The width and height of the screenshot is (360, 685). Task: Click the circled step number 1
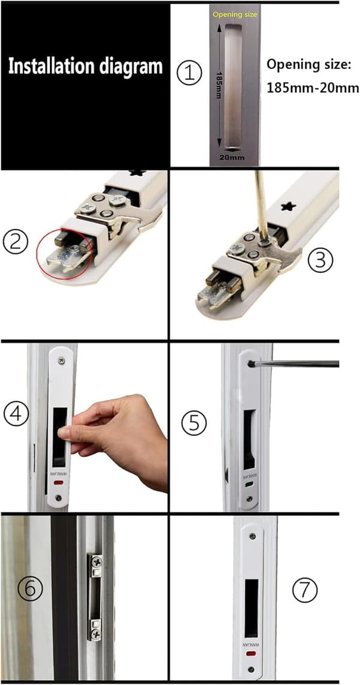[x=189, y=73]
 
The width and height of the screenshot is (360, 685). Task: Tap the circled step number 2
[x=16, y=241]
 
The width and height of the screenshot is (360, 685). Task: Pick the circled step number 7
[x=305, y=590]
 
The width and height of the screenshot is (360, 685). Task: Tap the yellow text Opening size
[x=235, y=15]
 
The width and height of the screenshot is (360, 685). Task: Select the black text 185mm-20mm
[x=313, y=88]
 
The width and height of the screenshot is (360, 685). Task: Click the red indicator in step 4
[x=59, y=483]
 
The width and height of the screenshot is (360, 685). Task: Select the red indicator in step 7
[x=250, y=654]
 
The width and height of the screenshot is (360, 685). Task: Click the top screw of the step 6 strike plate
[x=95, y=559]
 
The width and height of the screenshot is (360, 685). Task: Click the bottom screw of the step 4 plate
[x=59, y=497]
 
